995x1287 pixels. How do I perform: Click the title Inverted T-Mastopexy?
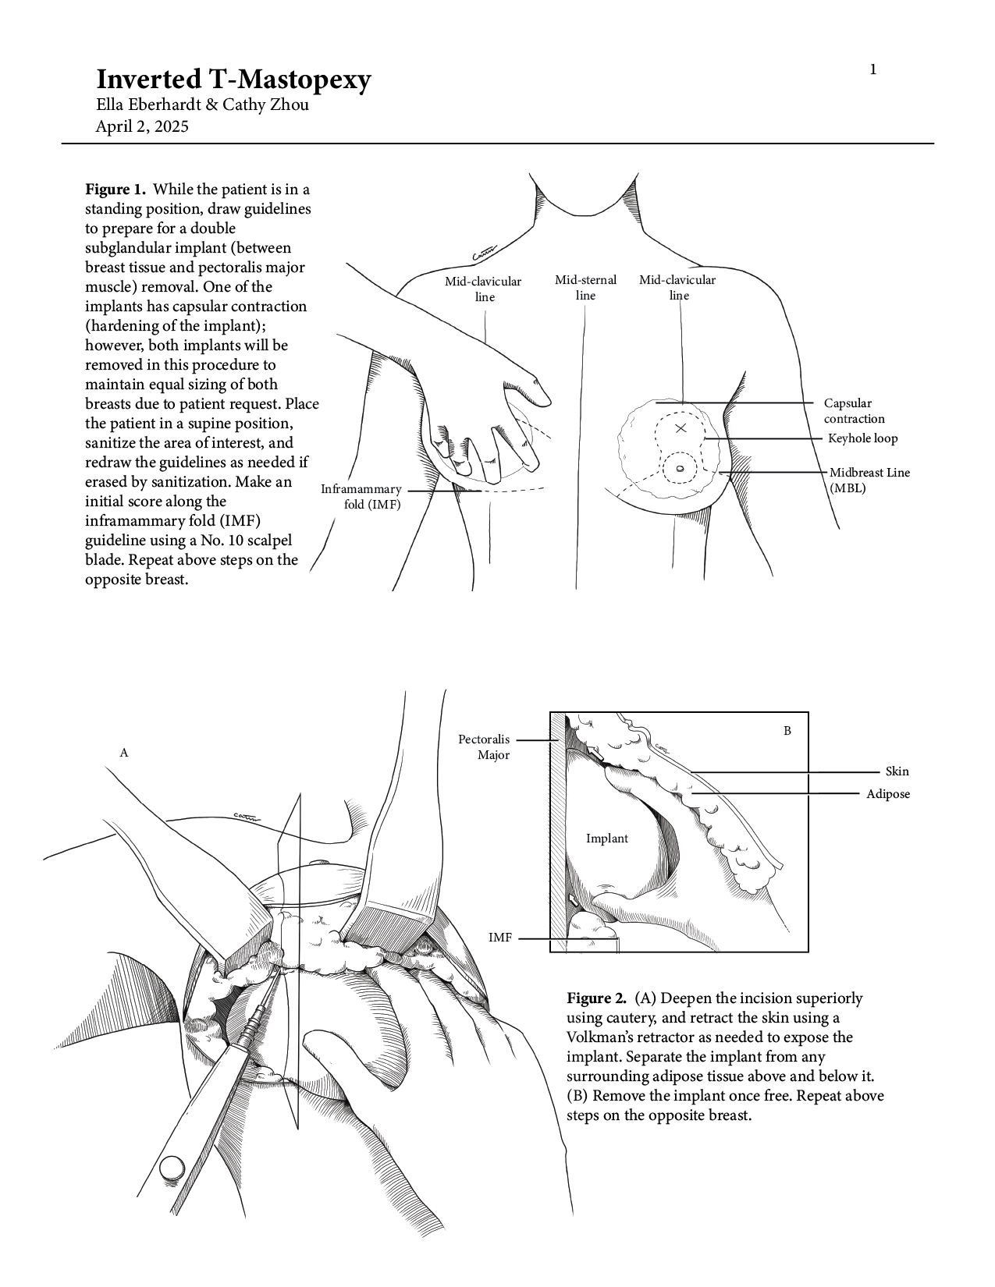tap(233, 80)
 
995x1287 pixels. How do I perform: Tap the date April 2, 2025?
tap(141, 126)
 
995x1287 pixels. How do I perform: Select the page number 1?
tap(873, 70)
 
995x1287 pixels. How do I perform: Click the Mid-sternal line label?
tap(585, 287)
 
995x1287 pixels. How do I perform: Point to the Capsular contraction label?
tap(854, 411)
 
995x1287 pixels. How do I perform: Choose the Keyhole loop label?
tap(862, 438)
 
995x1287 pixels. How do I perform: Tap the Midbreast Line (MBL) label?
tap(869, 480)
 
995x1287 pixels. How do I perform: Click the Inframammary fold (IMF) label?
tap(361, 497)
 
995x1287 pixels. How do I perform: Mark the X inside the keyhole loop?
tap(680, 427)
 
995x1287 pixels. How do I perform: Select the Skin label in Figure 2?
tap(897, 771)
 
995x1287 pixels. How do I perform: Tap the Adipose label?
tap(887, 794)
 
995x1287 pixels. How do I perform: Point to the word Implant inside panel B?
tap(606, 838)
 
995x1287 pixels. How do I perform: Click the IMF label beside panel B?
tap(500, 938)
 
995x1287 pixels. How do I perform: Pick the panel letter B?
tap(787, 731)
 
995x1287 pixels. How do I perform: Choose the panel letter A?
tap(123, 753)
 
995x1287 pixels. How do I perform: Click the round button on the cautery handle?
tap(172, 1168)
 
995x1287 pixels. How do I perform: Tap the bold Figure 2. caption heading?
tap(596, 998)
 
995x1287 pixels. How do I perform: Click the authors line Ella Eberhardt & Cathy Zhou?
tap(201, 105)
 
